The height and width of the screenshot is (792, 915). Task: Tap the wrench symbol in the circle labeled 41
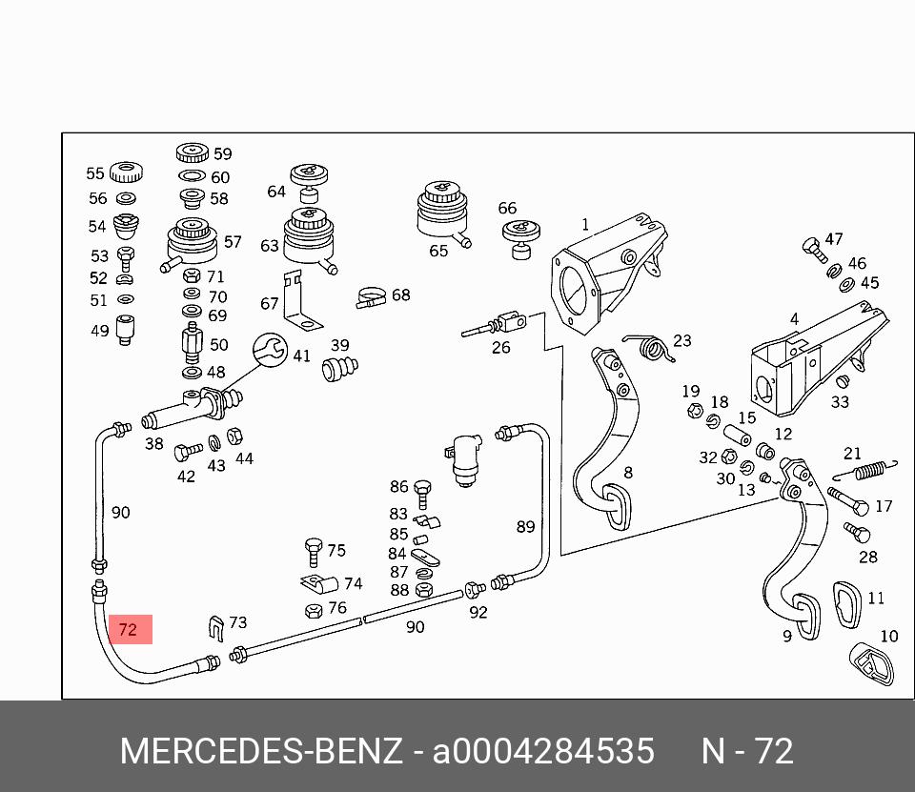point(270,351)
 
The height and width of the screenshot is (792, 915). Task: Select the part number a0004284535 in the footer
point(544,752)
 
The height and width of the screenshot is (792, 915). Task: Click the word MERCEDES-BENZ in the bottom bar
point(261,752)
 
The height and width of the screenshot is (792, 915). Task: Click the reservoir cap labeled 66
point(521,234)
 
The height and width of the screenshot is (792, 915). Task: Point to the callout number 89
point(526,526)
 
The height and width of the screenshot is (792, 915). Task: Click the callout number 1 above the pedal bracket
point(585,226)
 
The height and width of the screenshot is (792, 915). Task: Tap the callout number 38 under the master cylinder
point(153,443)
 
